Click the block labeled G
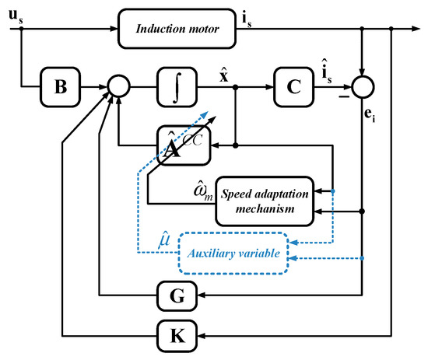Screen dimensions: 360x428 [177, 295]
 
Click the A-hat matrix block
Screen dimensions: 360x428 [182, 144]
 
